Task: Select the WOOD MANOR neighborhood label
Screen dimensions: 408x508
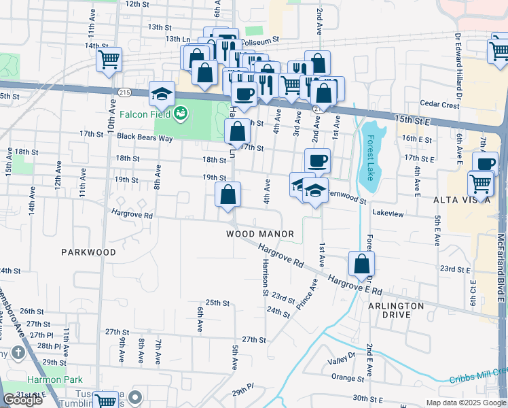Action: (x=260, y=234)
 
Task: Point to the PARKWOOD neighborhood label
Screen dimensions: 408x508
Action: (x=88, y=252)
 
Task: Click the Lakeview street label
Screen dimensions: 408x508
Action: (x=388, y=213)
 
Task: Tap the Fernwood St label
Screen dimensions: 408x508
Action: (x=346, y=201)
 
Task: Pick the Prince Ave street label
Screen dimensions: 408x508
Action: (x=307, y=296)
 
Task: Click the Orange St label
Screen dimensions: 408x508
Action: (x=344, y=377)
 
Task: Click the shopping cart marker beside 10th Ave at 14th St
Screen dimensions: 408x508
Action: (x=109, y=60)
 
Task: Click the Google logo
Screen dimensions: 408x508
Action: (x=23, y=400)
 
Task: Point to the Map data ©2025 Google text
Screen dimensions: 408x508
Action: (x=465, y=403)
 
